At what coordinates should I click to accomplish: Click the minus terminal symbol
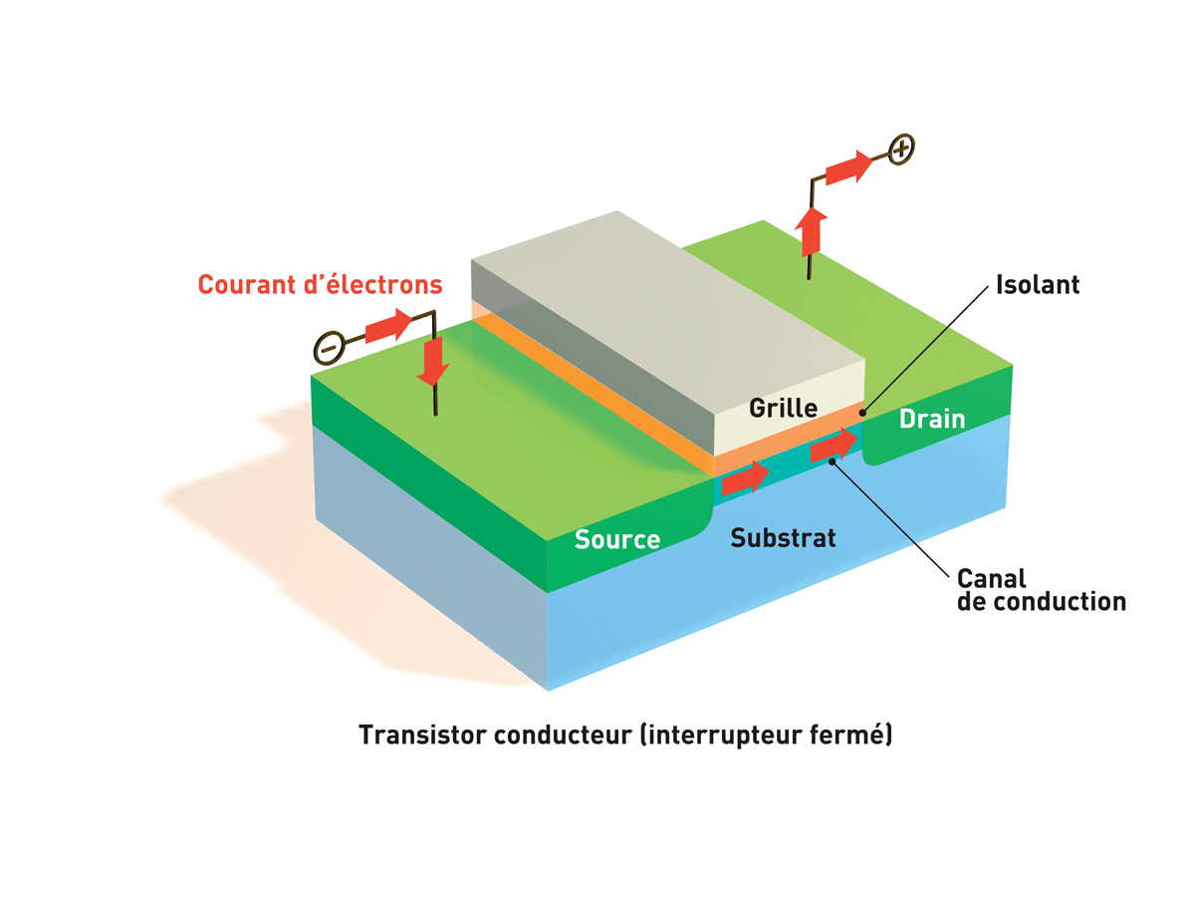coord(328,346)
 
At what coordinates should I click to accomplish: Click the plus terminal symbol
coord(900,150)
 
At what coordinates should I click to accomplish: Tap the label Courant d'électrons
coord(320,285)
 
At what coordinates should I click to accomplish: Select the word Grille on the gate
coord(783,408)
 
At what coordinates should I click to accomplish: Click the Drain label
coord(931,419)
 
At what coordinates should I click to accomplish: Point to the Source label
coord(616,539)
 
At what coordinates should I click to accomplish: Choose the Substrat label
coord(783,538)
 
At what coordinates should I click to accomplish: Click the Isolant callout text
coord(1038,285)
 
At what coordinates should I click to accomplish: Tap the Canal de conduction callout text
coord(1041,590)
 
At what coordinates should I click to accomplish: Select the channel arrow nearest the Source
coord(744,479)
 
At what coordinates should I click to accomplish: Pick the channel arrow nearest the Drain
coord(834,446)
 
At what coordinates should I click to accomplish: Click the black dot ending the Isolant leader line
coord(863,410)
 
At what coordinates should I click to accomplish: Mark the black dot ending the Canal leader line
coord(832,460)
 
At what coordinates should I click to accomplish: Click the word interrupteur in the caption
coord(711,736)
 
